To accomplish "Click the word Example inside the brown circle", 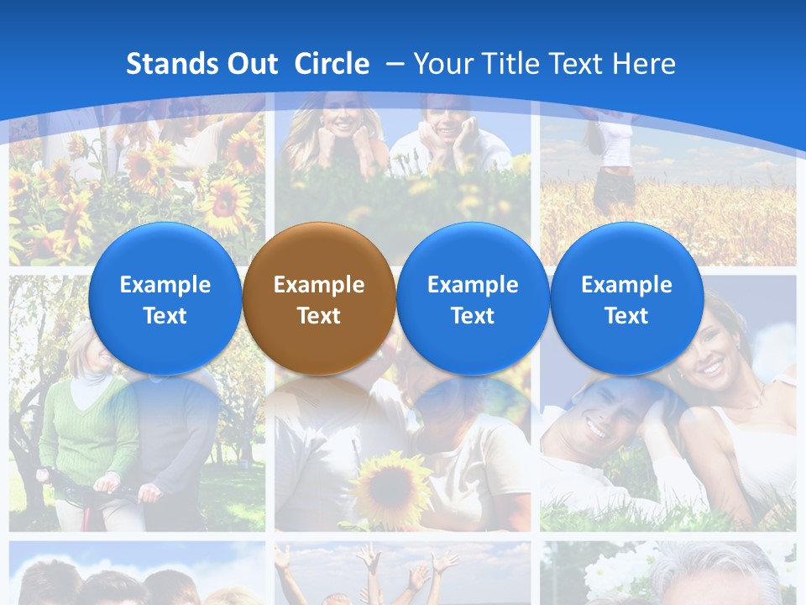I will [x=318, y=285].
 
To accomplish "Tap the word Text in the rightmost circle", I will [x=626, y=316].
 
